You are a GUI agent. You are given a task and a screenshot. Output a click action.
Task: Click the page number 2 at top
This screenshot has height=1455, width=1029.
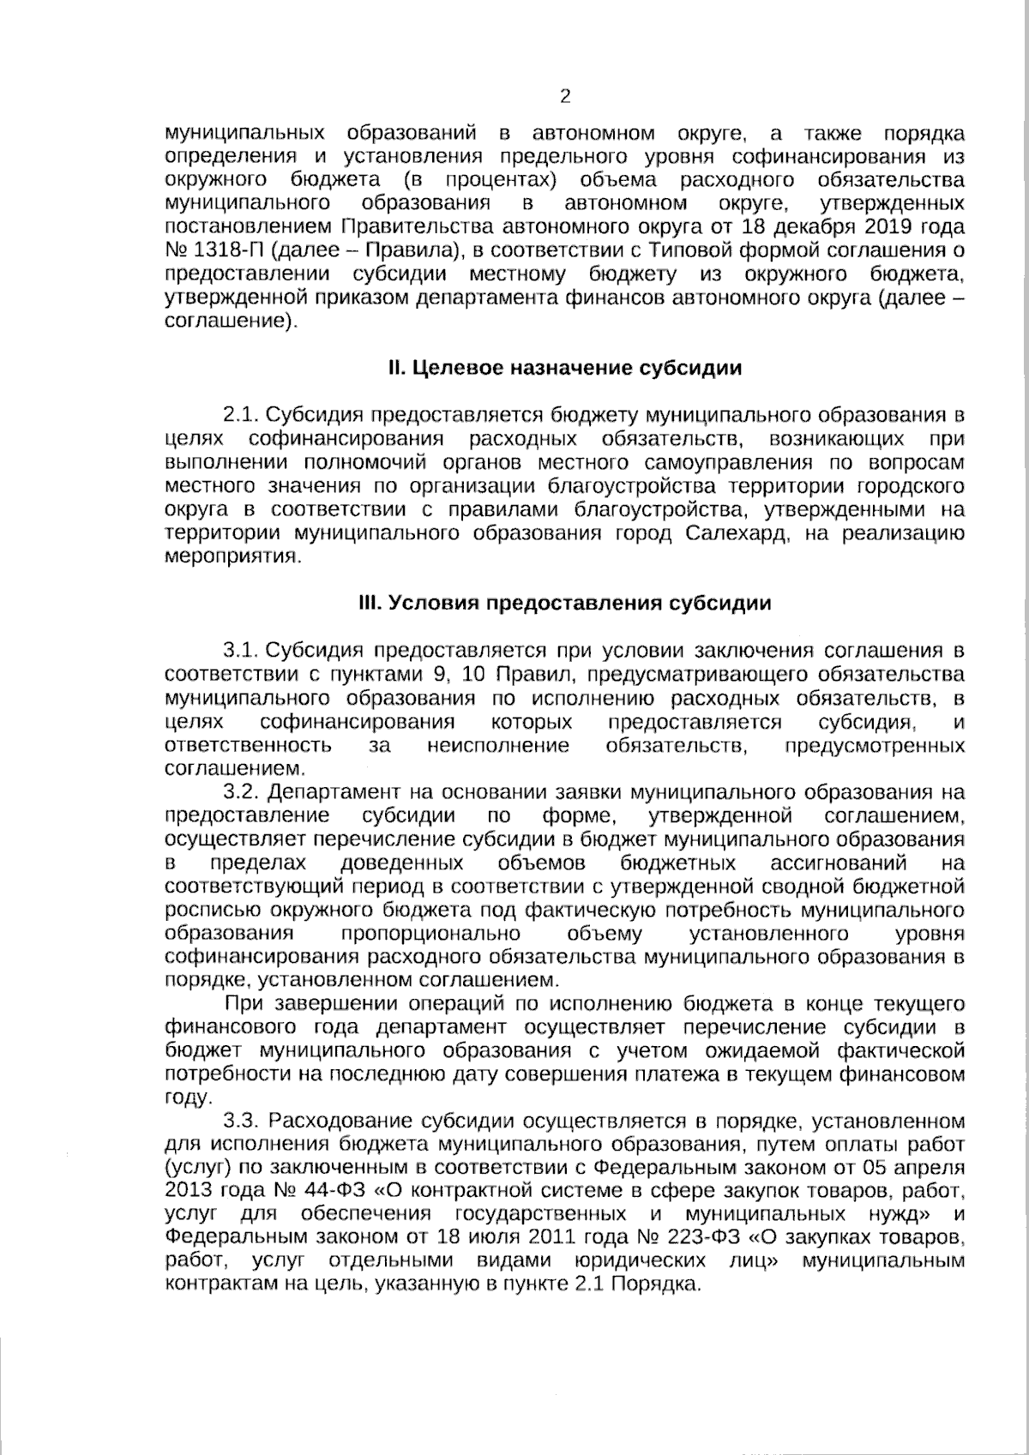[564, 96]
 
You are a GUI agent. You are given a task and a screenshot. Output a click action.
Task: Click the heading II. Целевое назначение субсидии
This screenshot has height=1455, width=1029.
[564, 369]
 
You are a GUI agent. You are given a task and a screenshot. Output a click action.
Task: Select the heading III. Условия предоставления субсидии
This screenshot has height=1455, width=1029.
[564, 604]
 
